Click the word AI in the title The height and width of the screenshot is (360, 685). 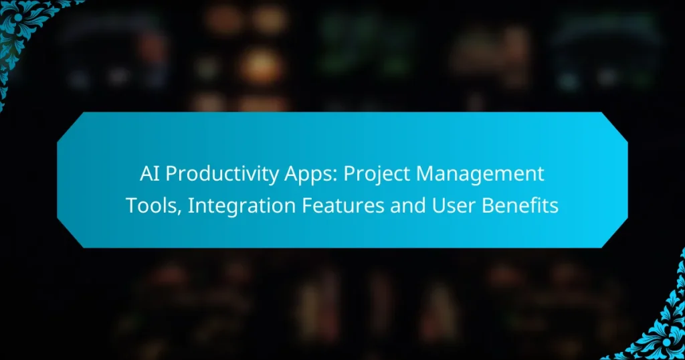149,175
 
